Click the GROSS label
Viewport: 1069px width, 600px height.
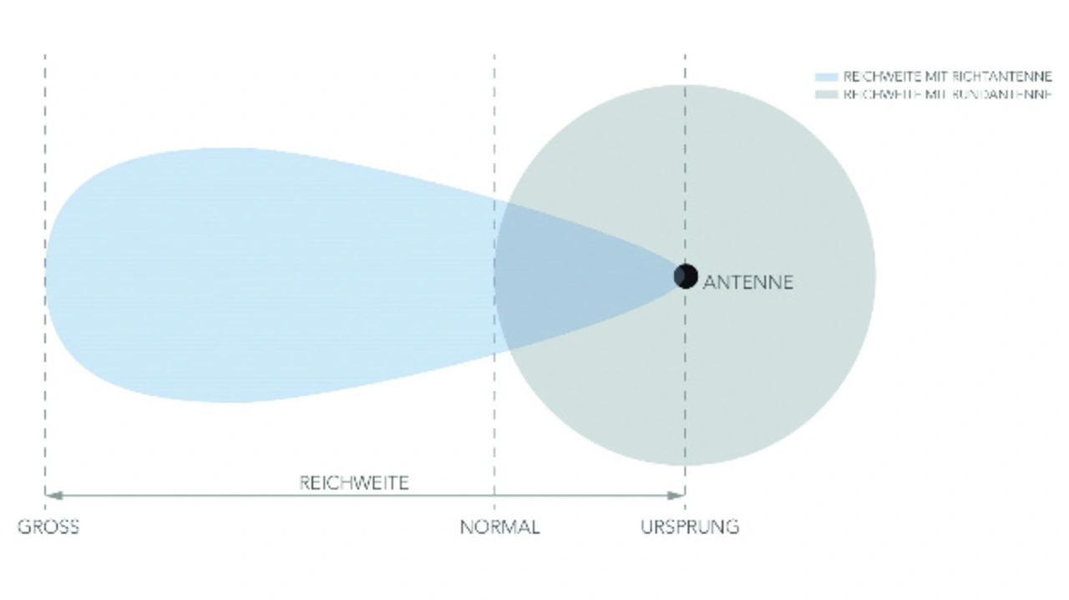(x=48, y=527)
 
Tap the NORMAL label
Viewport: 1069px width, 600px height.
(x=499, y=527)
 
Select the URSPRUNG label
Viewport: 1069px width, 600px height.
(x=690, y=527)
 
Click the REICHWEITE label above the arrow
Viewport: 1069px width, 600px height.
(x=354, y=483)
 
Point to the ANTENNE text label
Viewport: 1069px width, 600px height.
(x=747, y=282)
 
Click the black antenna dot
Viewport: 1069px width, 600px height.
(x=686, y=275)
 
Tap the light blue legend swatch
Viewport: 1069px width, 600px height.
(x=826, y=77)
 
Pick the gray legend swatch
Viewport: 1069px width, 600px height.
(x=826, y=94)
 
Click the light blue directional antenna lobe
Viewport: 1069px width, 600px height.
(x=251, y=275)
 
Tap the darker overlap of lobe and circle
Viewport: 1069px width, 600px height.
(x=568, y=275)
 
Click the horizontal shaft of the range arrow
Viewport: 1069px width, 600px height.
(x=251, y=496)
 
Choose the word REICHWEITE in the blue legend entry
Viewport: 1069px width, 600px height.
(x=872, y=77)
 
